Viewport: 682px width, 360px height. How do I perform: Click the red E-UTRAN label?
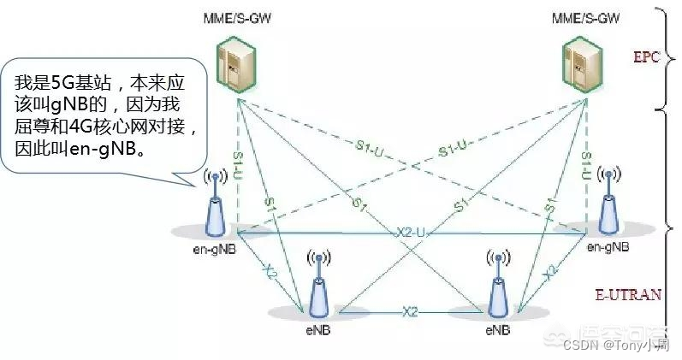[628, 294]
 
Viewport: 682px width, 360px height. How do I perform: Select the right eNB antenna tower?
[497, 286]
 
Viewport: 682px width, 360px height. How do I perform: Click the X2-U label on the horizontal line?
[411, 233]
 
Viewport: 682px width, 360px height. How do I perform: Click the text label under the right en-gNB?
[608, 246]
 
